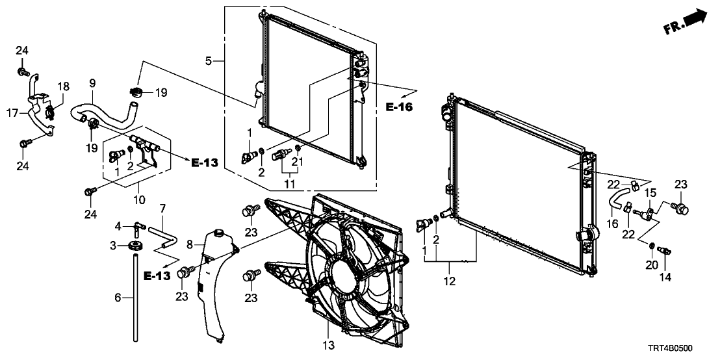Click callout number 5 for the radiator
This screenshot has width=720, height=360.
click(x=209, y=61)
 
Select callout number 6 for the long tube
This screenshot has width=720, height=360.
click(x=118, y=298)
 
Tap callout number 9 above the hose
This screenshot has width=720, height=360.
click(x=92, y=83)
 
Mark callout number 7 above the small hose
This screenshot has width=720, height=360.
click(x=163, y=208)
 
